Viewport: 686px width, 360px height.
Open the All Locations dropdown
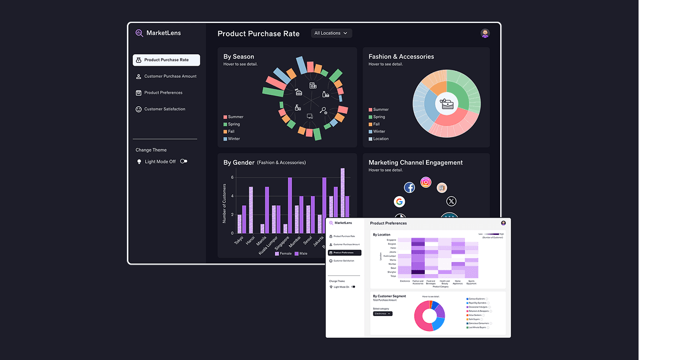click(331, 33)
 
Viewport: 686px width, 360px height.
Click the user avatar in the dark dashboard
click(485, 33)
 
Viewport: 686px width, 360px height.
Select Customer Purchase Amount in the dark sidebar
click(170, 76)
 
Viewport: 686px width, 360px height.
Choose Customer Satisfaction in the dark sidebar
click(164, 109)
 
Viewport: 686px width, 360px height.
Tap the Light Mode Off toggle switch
click(184, 162)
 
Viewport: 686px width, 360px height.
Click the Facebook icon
click(409, 187)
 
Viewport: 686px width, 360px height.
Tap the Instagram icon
click(426, 182)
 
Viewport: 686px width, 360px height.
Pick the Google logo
click(399, 202)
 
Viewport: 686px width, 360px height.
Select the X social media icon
click(452, 201)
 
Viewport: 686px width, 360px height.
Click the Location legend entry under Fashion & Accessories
click(380, 139)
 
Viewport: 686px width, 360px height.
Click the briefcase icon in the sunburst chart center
click(446, 105)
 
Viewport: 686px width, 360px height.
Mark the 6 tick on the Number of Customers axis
click(232, 177)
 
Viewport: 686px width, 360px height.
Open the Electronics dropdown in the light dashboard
click(382, 314)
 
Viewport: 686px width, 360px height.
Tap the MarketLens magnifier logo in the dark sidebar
click(139, 33)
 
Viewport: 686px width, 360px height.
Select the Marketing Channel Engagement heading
click(416, 162)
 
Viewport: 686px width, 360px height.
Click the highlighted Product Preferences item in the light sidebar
click(344, 253)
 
